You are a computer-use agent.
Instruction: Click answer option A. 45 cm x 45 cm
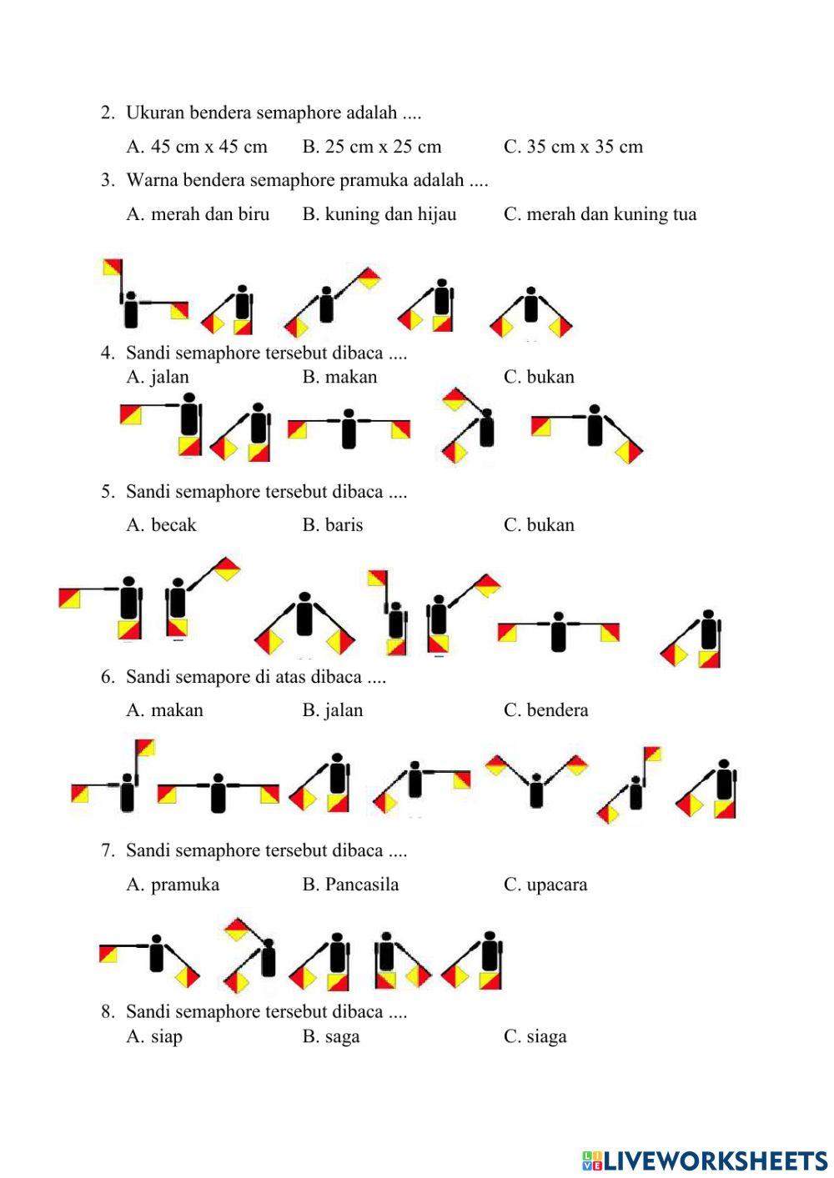click(x=197, y=147)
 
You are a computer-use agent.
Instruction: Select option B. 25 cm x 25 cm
click(x=371, y=147)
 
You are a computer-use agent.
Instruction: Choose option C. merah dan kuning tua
click(x=600, y=214)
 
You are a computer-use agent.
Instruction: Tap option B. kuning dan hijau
click(x=379, y=214)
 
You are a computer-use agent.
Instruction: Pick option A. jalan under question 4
click(x=158, y=377)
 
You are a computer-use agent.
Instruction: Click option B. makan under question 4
click(x=339, y=377)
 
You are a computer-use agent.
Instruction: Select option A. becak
click(x=161, y=525)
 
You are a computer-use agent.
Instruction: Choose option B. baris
click(x=332, y=525)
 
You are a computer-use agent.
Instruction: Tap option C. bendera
click(x=545, y=710)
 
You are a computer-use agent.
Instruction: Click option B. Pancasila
click(x=350, y=885)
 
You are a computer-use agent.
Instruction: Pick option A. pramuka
click(x=173, y=885)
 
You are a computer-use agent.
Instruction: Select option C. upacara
click(x=545, y=885)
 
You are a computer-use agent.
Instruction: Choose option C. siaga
click(x=535, y=1036)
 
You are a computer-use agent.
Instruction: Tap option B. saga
click(x=330, y=1036)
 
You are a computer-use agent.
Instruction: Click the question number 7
click(x=108, y=851)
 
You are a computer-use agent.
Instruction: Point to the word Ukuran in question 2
click(x=155, y=113)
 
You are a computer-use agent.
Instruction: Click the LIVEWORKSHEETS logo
click(x=705, y=1160)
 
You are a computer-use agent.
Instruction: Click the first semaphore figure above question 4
click(x=142, y=296)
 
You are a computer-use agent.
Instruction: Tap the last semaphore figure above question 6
click(x=694, y=640)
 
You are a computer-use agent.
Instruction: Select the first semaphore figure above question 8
click(x=150, y=955)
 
